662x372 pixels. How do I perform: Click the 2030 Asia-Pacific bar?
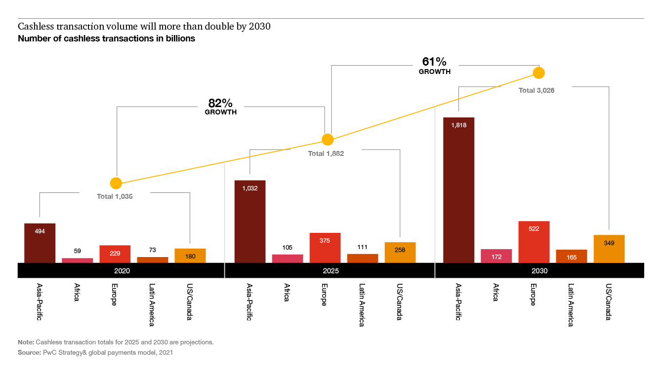458,190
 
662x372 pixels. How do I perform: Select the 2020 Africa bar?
78,260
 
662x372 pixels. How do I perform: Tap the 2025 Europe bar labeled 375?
325,248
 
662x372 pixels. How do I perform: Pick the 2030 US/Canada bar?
609,249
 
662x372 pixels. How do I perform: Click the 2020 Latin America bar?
153,260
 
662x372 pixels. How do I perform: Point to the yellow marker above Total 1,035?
116,183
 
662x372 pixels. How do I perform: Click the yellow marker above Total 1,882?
328,140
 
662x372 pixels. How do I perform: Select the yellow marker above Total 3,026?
538,73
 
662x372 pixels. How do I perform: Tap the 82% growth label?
220,106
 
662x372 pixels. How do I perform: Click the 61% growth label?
434,65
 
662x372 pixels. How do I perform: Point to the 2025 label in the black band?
331,271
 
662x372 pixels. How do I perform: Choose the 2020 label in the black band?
122,271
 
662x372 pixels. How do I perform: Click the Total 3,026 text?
537,90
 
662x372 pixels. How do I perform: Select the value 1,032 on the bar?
249,188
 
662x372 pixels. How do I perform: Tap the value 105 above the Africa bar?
287,247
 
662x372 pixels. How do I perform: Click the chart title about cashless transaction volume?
144,27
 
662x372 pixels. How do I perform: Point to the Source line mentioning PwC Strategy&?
95,353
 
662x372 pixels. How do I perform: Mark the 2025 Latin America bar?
362,258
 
